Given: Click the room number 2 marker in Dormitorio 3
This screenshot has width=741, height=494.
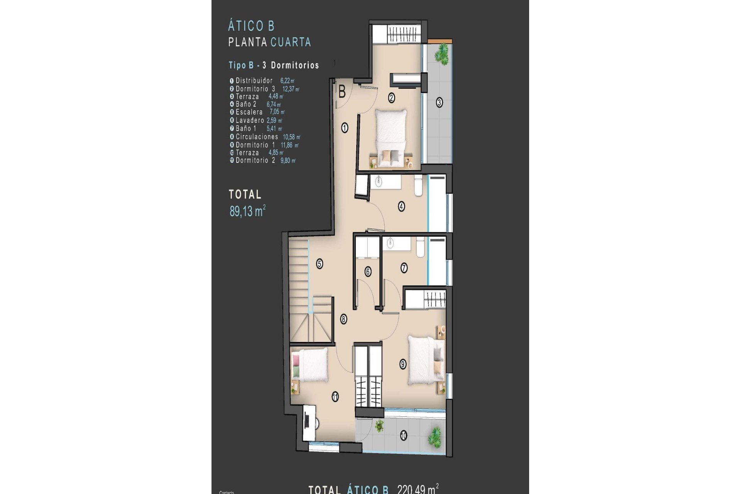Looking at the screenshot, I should click(x=391, y=98).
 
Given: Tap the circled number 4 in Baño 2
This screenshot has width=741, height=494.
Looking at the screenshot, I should click(x=401, y=206).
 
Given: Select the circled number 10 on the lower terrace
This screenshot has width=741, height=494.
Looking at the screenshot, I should click(x=403, y=436).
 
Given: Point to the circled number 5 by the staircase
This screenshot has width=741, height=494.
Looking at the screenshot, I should click(x=320, y=264).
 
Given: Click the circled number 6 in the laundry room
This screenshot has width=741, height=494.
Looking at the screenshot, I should click(x=368, y=272).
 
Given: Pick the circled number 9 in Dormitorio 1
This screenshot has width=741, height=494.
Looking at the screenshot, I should click(x=403, y=364).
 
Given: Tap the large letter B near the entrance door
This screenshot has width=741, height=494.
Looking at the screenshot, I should click(x=342, y=92).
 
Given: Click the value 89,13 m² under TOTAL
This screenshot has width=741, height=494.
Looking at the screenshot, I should click(x=247, y=211).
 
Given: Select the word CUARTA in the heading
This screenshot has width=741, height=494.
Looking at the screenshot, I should click(x=291, y=42).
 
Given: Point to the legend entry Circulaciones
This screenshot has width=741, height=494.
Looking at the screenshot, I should click(x=257, y=137).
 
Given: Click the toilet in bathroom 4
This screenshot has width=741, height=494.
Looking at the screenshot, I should click(x=418, y=186).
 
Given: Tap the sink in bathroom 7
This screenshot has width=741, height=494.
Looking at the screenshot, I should click(x=390, y=243).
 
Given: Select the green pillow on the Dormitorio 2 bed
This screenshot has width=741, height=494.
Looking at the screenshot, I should click(x=296, y=373).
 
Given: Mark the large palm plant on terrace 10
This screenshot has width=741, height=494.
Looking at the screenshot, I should click(x=435, y=436).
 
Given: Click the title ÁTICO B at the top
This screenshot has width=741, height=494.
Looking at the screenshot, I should click(x=251, y=26).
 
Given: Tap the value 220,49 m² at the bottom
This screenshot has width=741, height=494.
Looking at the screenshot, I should click(x=418, y=489).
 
